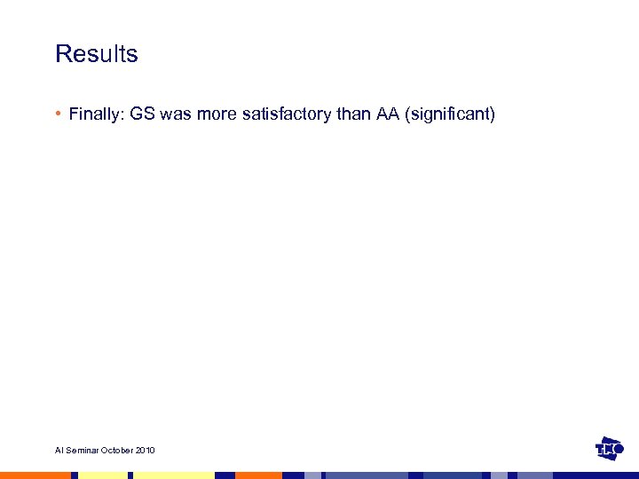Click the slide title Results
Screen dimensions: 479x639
coord(97,54)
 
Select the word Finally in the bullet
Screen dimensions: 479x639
coord(97,114)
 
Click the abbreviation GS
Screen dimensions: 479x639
coord(143,114)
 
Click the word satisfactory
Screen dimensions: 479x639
coord(282,114)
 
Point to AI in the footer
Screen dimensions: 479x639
coord(59,451)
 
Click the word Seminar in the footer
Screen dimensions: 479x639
coord(82,451)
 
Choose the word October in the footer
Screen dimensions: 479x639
coord(118,451)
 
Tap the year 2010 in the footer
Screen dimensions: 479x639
coord(146,451)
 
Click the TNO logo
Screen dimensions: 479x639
coord(611,449)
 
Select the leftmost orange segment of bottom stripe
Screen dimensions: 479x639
coord(35,475)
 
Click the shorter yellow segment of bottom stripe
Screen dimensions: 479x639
coord(102,475)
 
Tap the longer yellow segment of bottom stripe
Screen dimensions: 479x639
coord(174,475)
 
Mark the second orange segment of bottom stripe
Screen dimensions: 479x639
coord(257,475)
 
